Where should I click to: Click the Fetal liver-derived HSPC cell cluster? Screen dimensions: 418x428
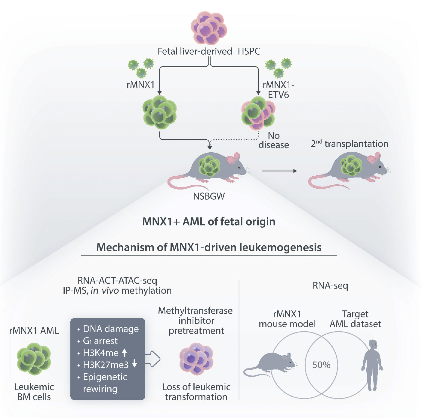tap(209, 28)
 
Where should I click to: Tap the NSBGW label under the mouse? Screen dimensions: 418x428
tap(209, 196)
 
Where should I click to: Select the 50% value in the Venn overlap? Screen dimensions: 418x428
tap(321, 365)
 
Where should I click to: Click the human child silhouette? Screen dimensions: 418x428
tap(372, 365)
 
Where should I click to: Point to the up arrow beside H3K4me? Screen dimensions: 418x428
tap(125, 353)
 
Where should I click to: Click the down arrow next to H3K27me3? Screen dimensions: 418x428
tap(134, 364)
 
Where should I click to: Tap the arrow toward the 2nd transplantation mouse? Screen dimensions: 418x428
tap(279, 171)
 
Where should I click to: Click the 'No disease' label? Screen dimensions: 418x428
tap(273, 140)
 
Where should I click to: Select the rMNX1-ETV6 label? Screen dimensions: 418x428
tap(278, 90)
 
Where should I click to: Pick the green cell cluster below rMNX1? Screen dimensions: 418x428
tap(159, 112)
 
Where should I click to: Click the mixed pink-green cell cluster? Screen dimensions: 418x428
tap(258, 113)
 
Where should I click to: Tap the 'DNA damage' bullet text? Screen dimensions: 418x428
tap(111, 329)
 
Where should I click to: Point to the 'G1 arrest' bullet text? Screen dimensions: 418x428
tap(100, 341)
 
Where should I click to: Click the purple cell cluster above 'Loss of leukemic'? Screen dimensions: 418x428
tap(196, 359)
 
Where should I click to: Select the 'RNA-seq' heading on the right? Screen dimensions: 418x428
tap(330, 285)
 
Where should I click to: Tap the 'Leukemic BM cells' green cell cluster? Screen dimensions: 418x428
tap(34, 359)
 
